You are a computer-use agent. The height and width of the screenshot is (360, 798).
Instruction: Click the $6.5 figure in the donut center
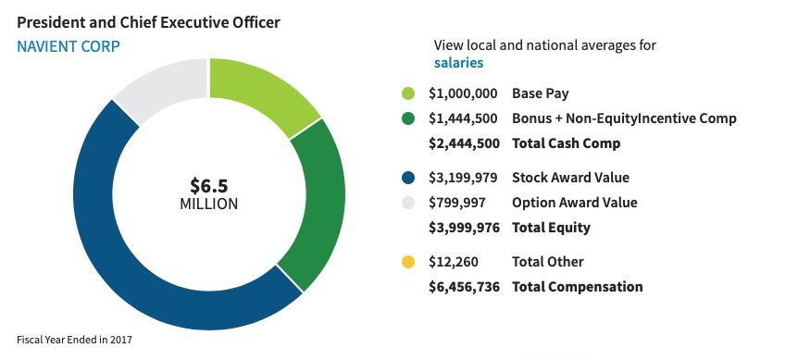point(208,184)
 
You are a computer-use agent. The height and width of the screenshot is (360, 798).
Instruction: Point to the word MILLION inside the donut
point(208,204)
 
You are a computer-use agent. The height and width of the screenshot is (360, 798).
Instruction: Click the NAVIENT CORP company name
point(69,45)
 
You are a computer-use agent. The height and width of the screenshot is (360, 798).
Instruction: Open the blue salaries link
point(458,63)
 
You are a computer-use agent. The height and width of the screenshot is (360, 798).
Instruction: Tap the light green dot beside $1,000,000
point(408,93)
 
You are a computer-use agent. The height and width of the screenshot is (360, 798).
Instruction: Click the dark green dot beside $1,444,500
point(408,118)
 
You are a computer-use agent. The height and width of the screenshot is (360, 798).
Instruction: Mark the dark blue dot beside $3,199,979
point(408,177)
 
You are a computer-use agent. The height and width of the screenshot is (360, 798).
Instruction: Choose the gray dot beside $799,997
point(408,202)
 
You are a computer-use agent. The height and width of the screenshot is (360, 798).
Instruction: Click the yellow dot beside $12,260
point(408,262)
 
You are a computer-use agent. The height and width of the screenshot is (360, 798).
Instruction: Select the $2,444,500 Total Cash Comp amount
point(464,143)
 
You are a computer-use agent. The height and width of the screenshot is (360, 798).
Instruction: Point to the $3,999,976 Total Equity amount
point(464,227)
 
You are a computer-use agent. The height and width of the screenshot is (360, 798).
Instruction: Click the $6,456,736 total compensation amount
point(464,287)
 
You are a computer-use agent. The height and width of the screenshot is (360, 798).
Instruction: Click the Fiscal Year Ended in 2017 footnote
point(75,340)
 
